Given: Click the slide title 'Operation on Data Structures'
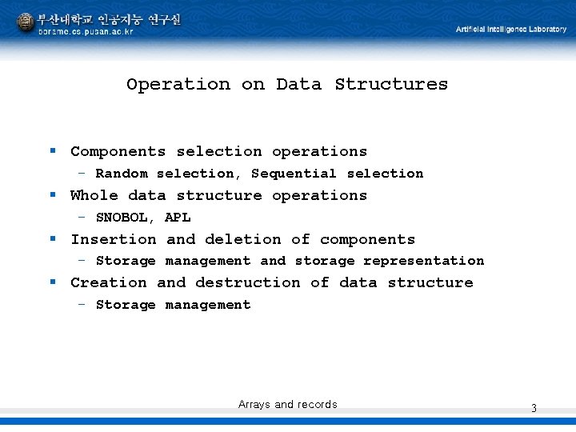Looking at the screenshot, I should pyautogui.click(x=287, y=84).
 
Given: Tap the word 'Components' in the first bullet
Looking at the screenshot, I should pyautogui.click(x=118, y=151).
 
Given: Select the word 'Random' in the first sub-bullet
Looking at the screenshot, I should pyautogui.click(x=122, y=174).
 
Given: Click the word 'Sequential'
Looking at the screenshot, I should pyautogui.click(x=294, y=174).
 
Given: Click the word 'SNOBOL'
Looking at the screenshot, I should pyautogui.click(x=122, y=218).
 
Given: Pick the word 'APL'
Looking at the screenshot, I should pyautogui.click(x=178, y=218).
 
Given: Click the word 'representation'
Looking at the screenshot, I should pyautogui.click(x=423, y=261).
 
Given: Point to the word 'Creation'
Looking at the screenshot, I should pyautogui.click(x=108, y=282).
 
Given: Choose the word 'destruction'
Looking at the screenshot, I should pyautogui.click(x=247, y=282).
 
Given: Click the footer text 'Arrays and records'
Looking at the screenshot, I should pyautogui.click(x=287, y=405).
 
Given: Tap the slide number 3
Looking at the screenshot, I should pyautogui.click(x=534, y=409).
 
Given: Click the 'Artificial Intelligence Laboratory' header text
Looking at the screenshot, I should pyautogui.click(x=510, y=30).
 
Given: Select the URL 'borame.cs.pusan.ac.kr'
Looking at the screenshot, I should pyautogui.click(x=86, y=32).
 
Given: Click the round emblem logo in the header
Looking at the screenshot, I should pyautogui.click(x=26, y=22).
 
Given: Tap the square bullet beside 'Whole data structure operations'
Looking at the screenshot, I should pyautogui.click(x=53, y=194).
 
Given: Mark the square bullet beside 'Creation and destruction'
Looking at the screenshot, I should pyautogui.click(x=53, y=282).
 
